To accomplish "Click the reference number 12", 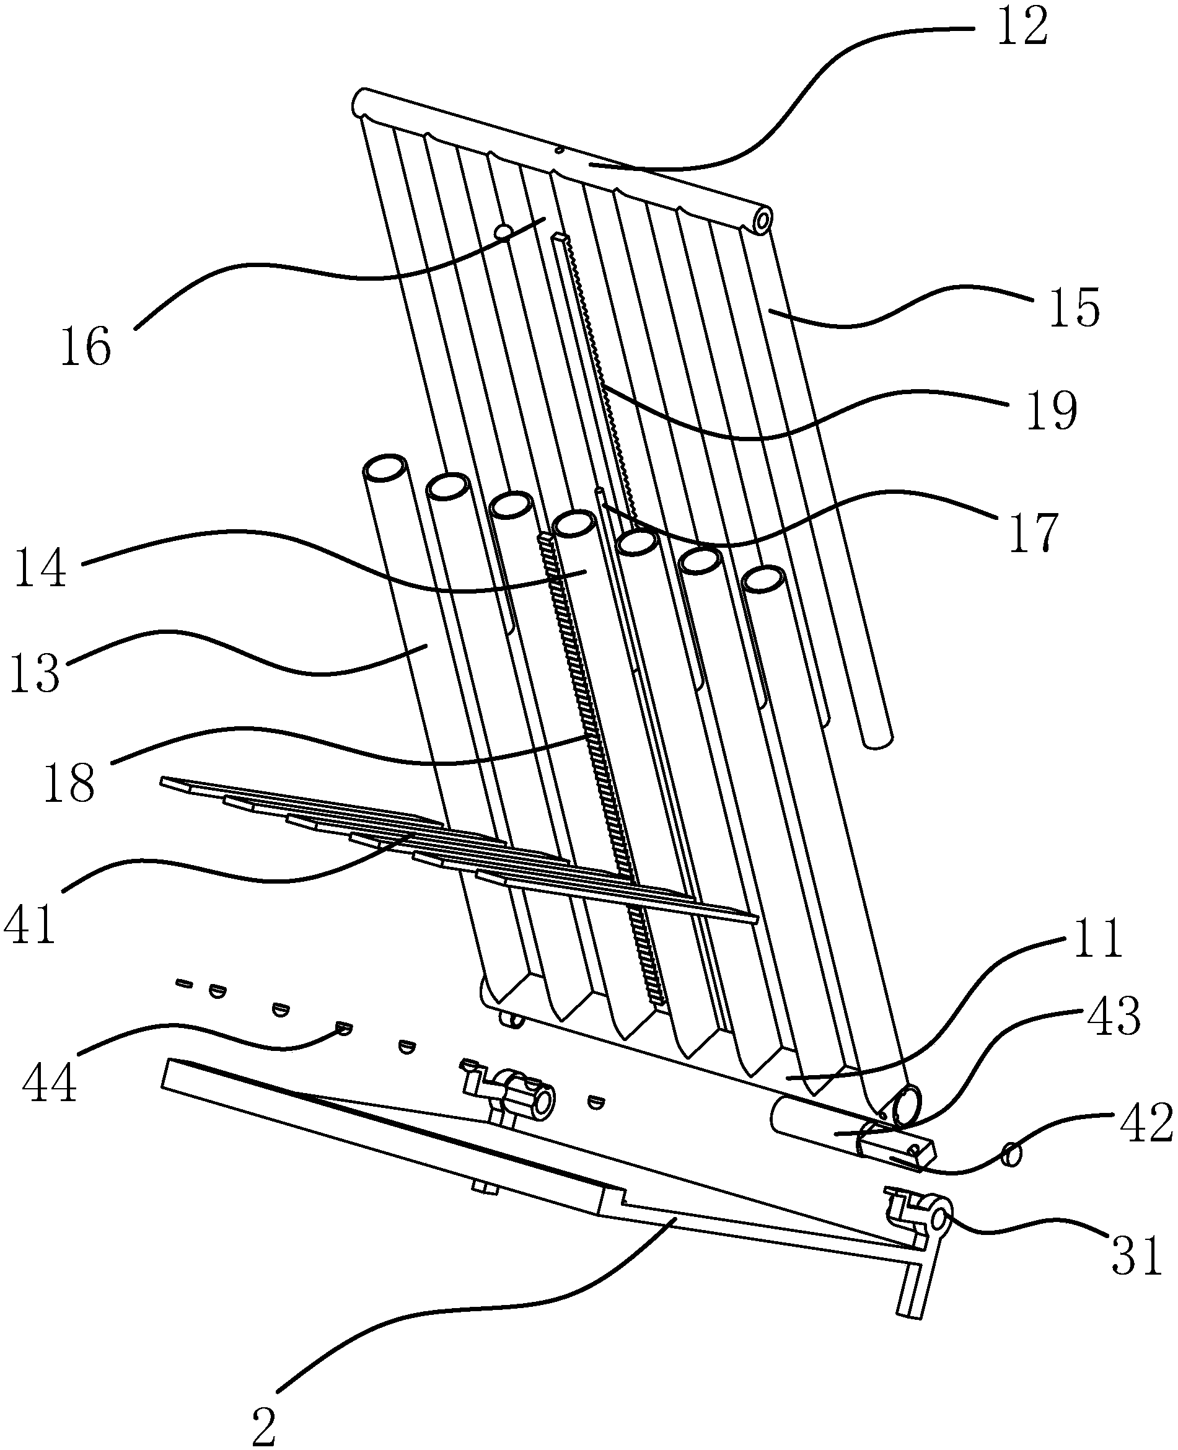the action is tap(1022, 28).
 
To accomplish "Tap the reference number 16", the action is tap(86, 347).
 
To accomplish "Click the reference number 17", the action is tap(1034, 534).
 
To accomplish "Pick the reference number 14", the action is tap(41, 567).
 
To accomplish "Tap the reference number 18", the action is tap(69, 783).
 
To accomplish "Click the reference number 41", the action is tap(30, 924).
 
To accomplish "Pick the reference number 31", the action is tap(1136, 1256).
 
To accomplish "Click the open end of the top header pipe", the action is tap(763, 221).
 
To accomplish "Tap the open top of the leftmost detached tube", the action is tap(386, 468).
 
